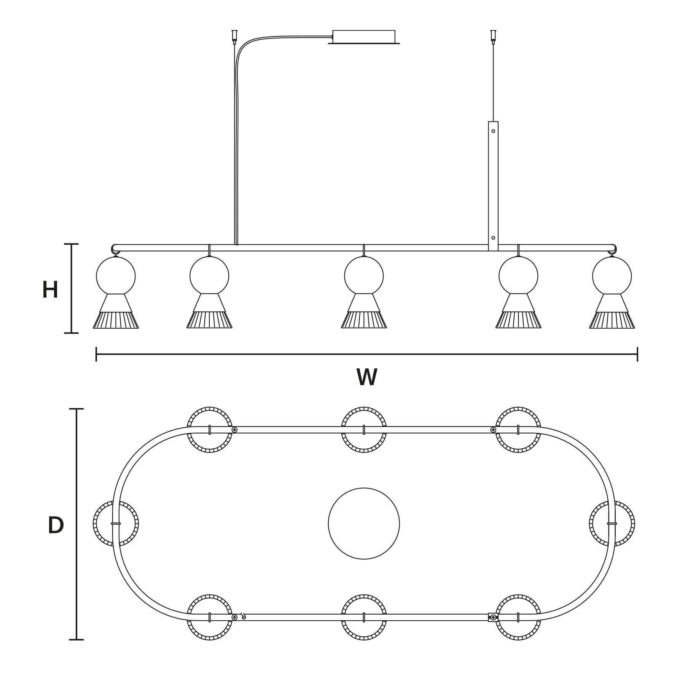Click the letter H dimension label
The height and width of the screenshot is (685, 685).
pyautogui.click(x=50, y=290)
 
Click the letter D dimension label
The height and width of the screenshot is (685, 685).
pyautogui.click(x=56, y=526)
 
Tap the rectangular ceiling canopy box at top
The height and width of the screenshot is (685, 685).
pyautogui.click(x=364, y=37)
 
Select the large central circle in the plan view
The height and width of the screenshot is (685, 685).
pyautogui.click(x=364, y=524)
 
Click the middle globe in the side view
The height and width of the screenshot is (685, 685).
pyautogui.click(x=364, y=276)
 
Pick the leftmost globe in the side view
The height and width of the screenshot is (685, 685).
pyautogui.click(x=116, y=276)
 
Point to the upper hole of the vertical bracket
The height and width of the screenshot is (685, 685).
pyautogui.click(x=493, y=131)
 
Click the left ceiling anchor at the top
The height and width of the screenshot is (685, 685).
pyautogui.click(x=234, y=35)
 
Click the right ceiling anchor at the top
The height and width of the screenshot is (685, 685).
pyautogui.click(x=493, y=35)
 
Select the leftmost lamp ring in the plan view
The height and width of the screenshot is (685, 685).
pyautogui.click(x=116, y=524)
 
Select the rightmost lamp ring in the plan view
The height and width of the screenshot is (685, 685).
pyautogui.click(x=612, y=524)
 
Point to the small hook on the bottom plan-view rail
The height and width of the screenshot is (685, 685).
pyautogui.click(x=243, y=616)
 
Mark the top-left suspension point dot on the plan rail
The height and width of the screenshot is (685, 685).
pyautogui.click(x=234, y=430)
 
